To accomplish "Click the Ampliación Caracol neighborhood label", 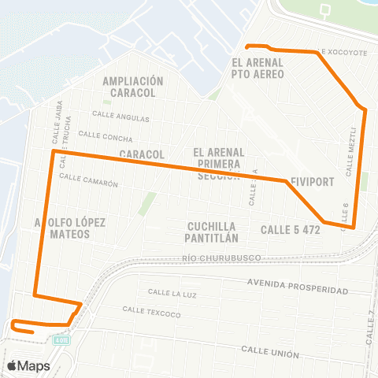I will click(132, 86).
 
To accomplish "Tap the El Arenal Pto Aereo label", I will click(258, 69).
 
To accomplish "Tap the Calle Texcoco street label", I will click(151, 312).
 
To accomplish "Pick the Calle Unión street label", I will click(270, 349).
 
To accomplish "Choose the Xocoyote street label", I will click(345, 52).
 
